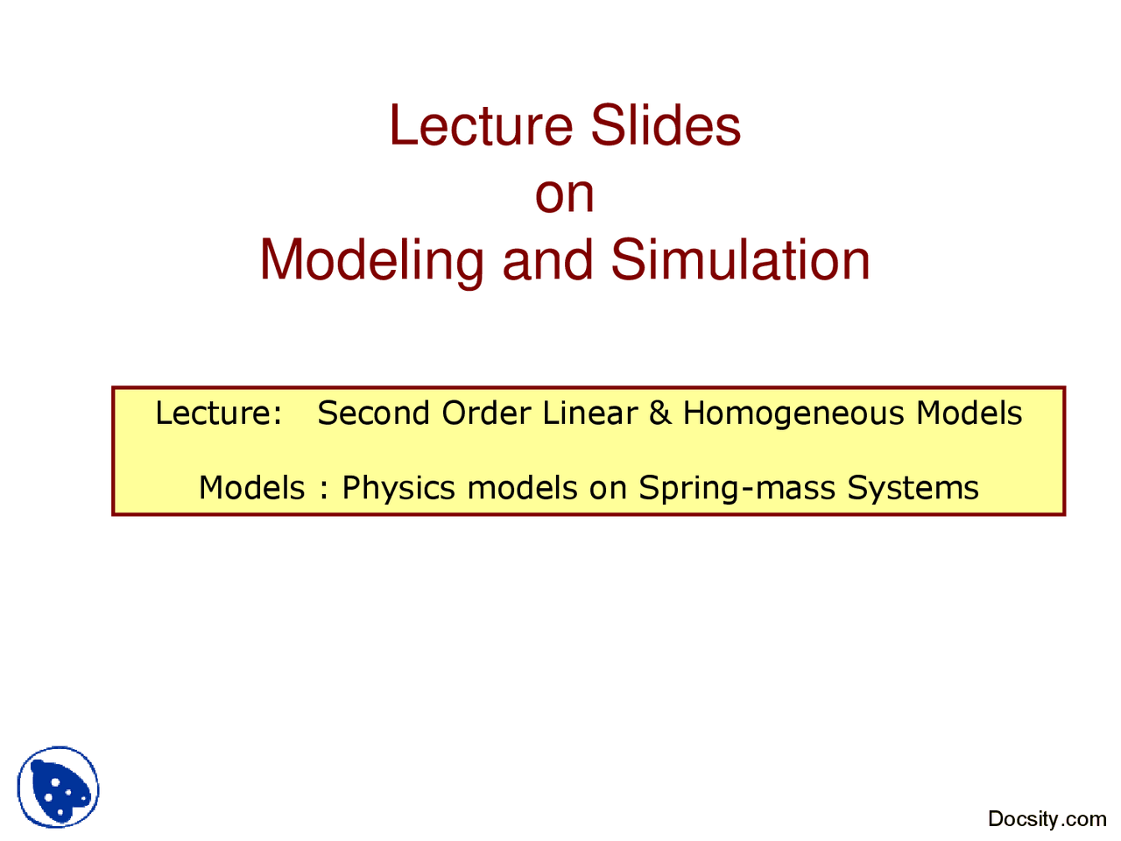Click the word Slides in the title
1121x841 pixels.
click(x=666, y=125)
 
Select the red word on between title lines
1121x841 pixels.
click(x=565, y=194)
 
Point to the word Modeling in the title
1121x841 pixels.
click(x=371, y=261)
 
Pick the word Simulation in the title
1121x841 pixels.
click(x=740, y=261)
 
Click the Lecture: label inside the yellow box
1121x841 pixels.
click(x=218, y=413)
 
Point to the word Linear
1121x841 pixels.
click(x=589, y=413)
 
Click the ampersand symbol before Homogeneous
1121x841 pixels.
click(x=659, y=413)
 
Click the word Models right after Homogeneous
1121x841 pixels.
click(x=969, y=413)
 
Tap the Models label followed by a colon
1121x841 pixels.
click(x=252, y=488)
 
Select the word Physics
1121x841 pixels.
click(x=398, y=488)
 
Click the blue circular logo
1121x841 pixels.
click(x=58, y=787)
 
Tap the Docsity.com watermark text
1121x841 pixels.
click(x=1047, y=819)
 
